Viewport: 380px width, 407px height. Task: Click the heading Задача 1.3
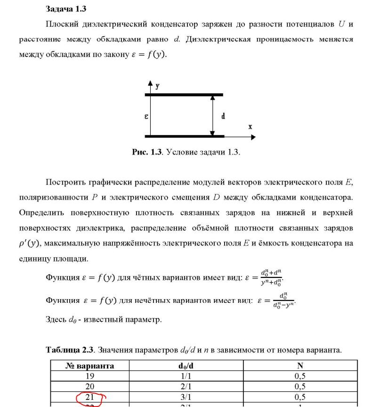(66, 8)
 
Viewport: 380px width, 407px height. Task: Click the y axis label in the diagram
(157, 86)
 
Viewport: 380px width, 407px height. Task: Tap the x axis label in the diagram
(250, 127)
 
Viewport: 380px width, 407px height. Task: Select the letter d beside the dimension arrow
(223, 116)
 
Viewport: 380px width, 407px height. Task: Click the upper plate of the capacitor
(184, 95)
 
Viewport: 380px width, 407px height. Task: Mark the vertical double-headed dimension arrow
(213, 116)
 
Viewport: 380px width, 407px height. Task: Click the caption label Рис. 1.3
(147, 152)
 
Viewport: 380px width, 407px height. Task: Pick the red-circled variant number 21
(89, 397)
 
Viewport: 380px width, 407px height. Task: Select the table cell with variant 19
(89, 376)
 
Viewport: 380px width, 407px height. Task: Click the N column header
(300, 366)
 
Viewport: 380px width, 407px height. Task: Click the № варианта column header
(89, 366)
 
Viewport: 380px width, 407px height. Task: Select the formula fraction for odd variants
(283, 300)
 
